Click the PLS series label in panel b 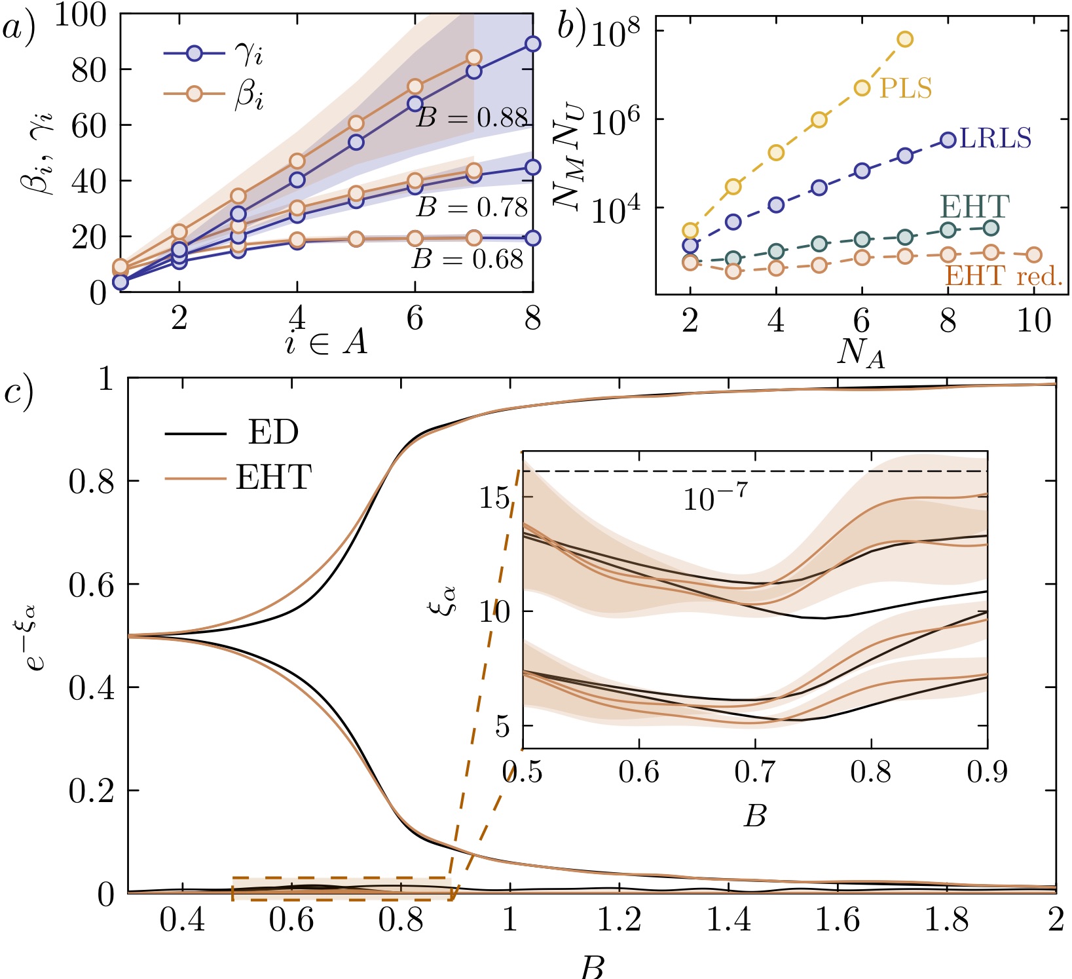[x=906, y=88]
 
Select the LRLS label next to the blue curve [x=995, y=139]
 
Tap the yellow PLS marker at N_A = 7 [x=905, y=39]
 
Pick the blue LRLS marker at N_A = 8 [x=948, y=140]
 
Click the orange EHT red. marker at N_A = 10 [x=1034, y=255]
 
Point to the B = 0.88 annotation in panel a [x=472, y=118]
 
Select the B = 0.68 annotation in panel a [x=468, y=260]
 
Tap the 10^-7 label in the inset [x=714, y=499]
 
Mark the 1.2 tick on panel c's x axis [x=619, y=920]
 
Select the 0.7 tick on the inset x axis [x=754, y=772]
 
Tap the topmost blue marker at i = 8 [x=533, y=44]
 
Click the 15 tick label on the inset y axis [x=496, y=499]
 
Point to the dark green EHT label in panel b [x=974, y=207]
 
